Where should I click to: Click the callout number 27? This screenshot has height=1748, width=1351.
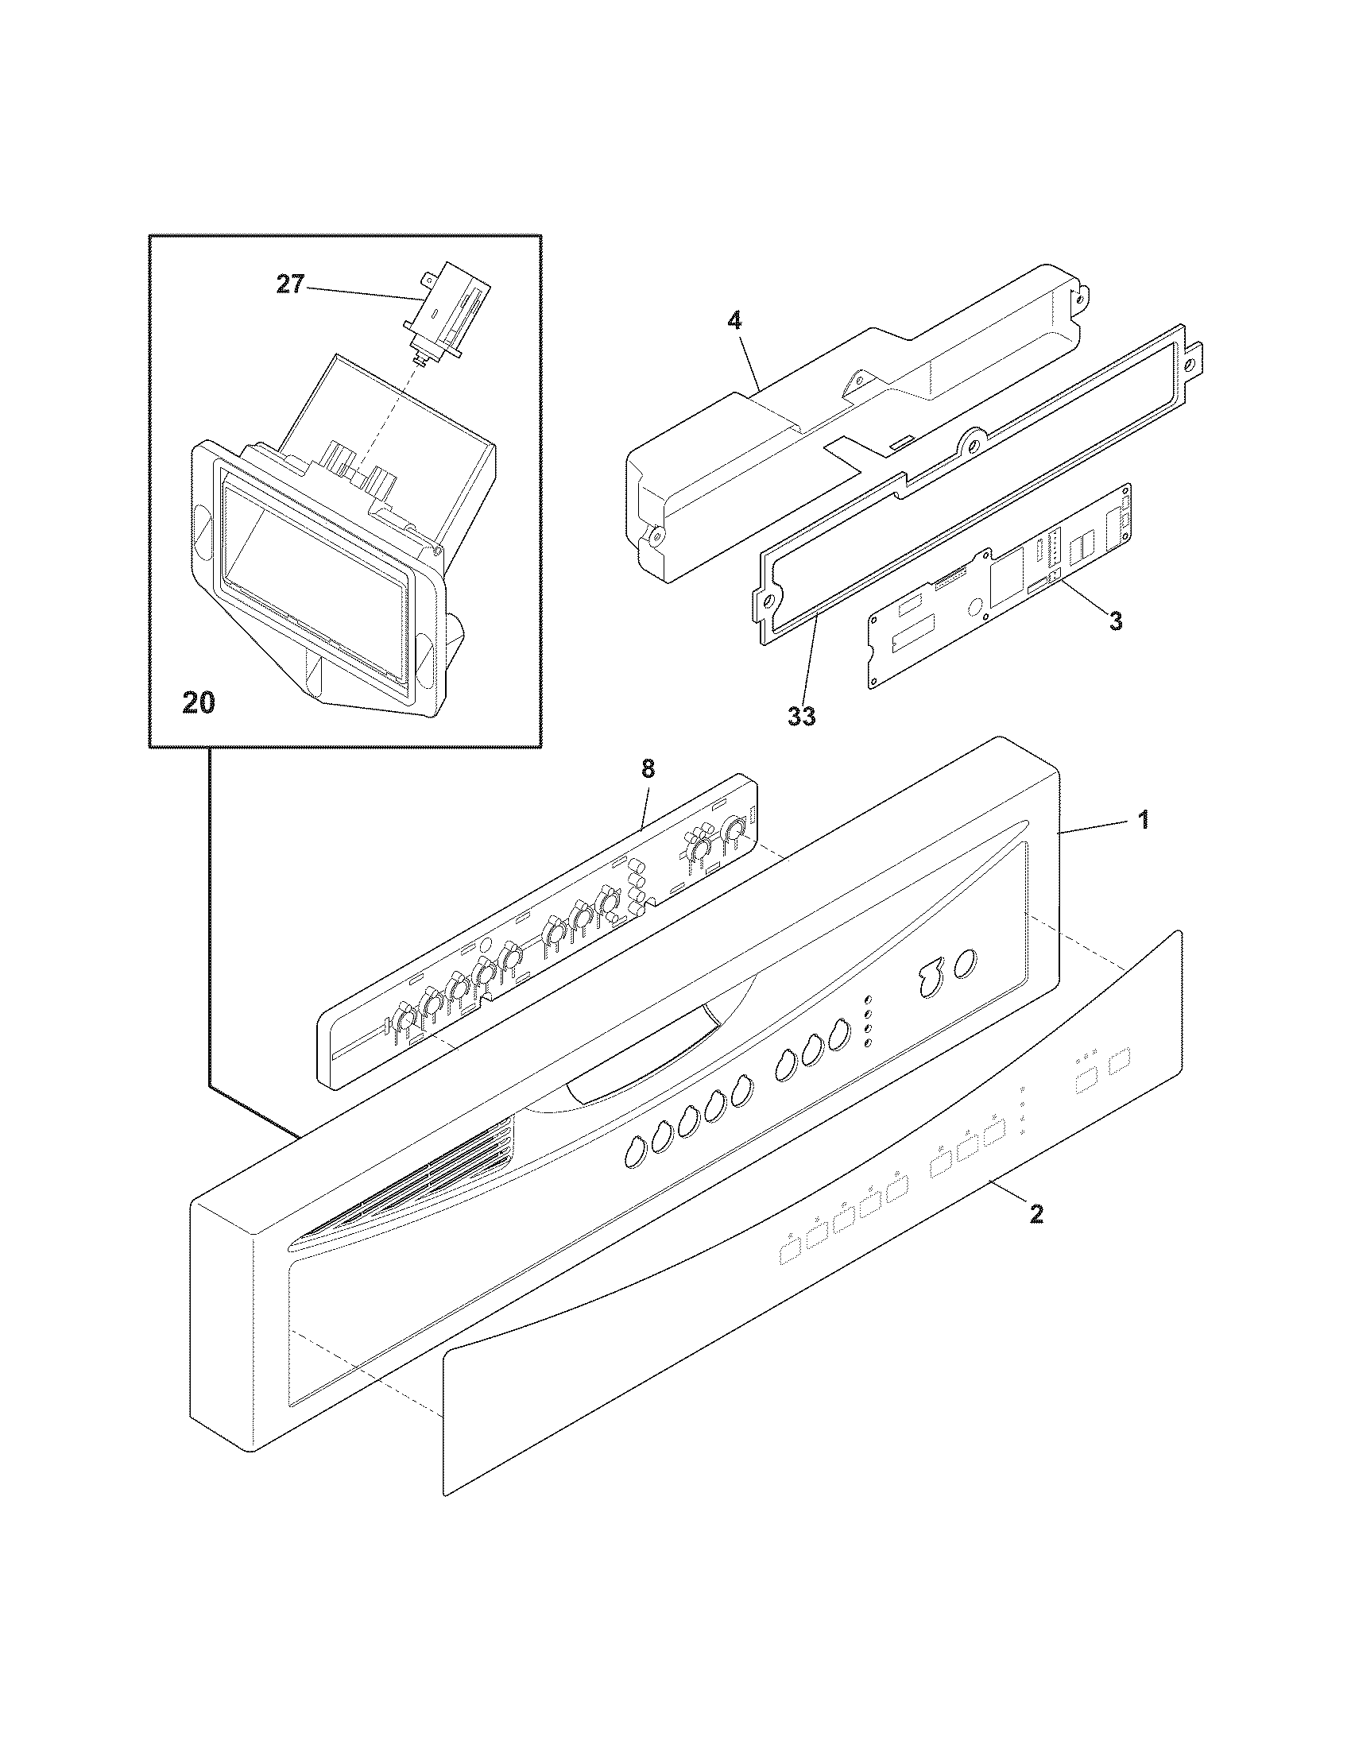coord(290,285)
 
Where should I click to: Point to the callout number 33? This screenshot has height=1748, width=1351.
coord(801,715)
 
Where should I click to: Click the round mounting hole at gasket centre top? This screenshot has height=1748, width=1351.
coord(974,439)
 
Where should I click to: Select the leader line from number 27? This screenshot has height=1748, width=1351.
coord(360,292)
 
